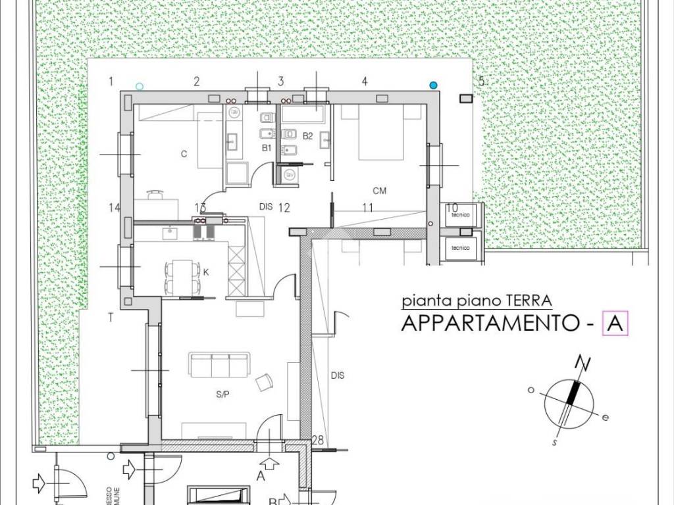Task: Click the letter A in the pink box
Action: (615, 324)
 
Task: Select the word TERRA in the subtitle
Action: (529, 302)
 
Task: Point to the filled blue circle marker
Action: (433, 85)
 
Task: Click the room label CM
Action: (379, 191)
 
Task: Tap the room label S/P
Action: (222, 395)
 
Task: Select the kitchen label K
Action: (206, 271)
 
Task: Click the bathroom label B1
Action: (267, 149)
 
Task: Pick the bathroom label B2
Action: (307, 136)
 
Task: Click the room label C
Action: (184, 155)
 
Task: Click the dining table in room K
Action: (181, 276)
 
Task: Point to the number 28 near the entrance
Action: (318, 440)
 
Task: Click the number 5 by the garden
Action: (481, 82)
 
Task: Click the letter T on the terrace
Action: (111, 317)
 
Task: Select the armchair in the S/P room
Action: (265, 382)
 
